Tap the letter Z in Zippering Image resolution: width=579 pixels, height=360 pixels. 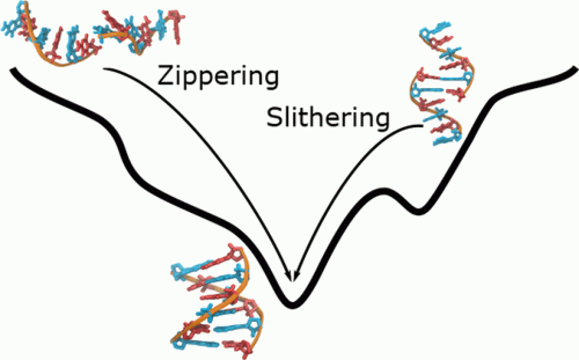(x=164, y=77)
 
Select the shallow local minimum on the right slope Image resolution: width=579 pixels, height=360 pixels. (x=418, y=212)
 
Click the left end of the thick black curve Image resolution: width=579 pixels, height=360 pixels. (x=12, y=70)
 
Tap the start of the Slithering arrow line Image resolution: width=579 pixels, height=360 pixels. (x=422, y=126)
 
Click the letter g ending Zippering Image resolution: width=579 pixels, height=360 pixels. (x=270, y=80)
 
